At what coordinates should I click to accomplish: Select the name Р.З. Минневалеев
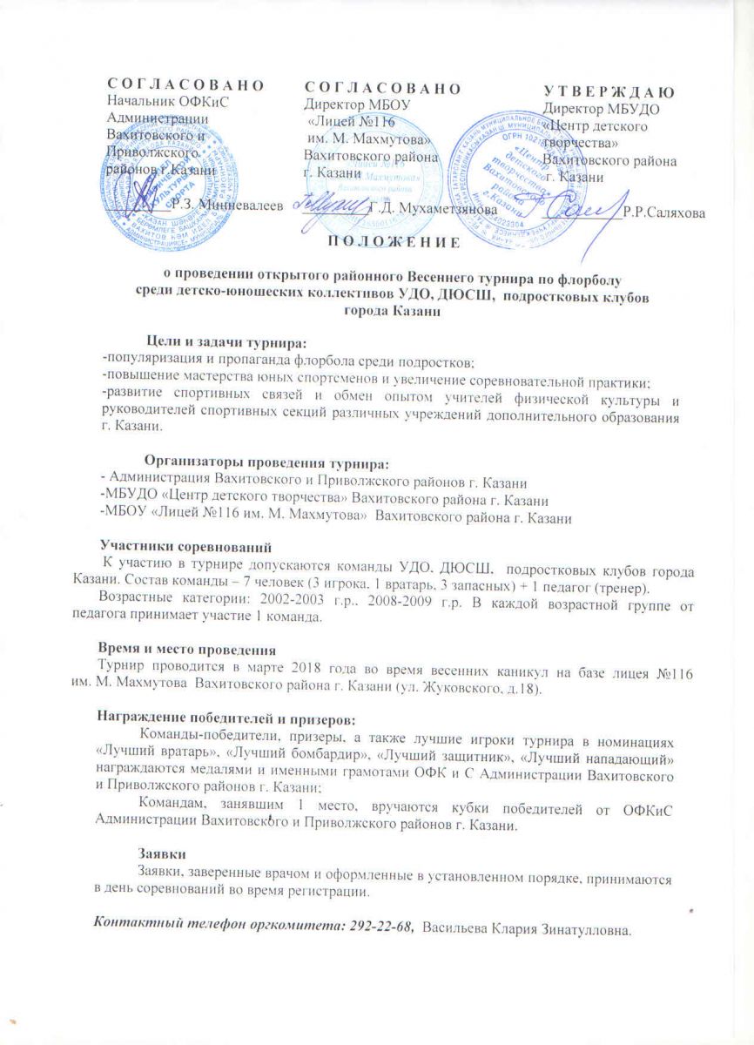coord(227,203)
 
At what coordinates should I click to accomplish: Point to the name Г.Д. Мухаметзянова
coord(431,209)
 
